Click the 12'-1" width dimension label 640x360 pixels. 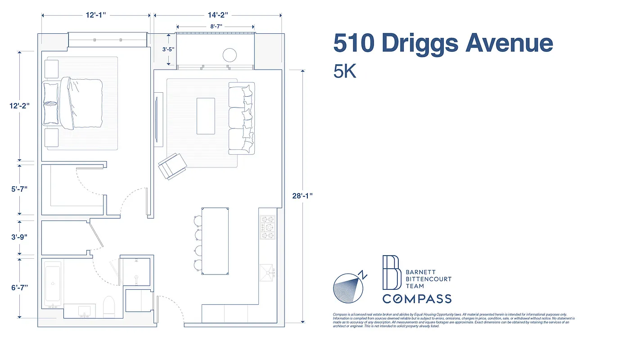96,15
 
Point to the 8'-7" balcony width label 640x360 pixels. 216,27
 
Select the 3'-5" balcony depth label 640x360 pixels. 168,49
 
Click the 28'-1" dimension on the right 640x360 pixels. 302,196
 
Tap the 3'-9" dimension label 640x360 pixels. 20,237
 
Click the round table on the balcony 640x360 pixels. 230,55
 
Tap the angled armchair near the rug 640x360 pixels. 172,166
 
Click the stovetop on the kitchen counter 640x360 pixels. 268,227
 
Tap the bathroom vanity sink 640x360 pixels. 84,310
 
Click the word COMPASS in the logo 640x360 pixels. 417,298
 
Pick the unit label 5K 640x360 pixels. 345,71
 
